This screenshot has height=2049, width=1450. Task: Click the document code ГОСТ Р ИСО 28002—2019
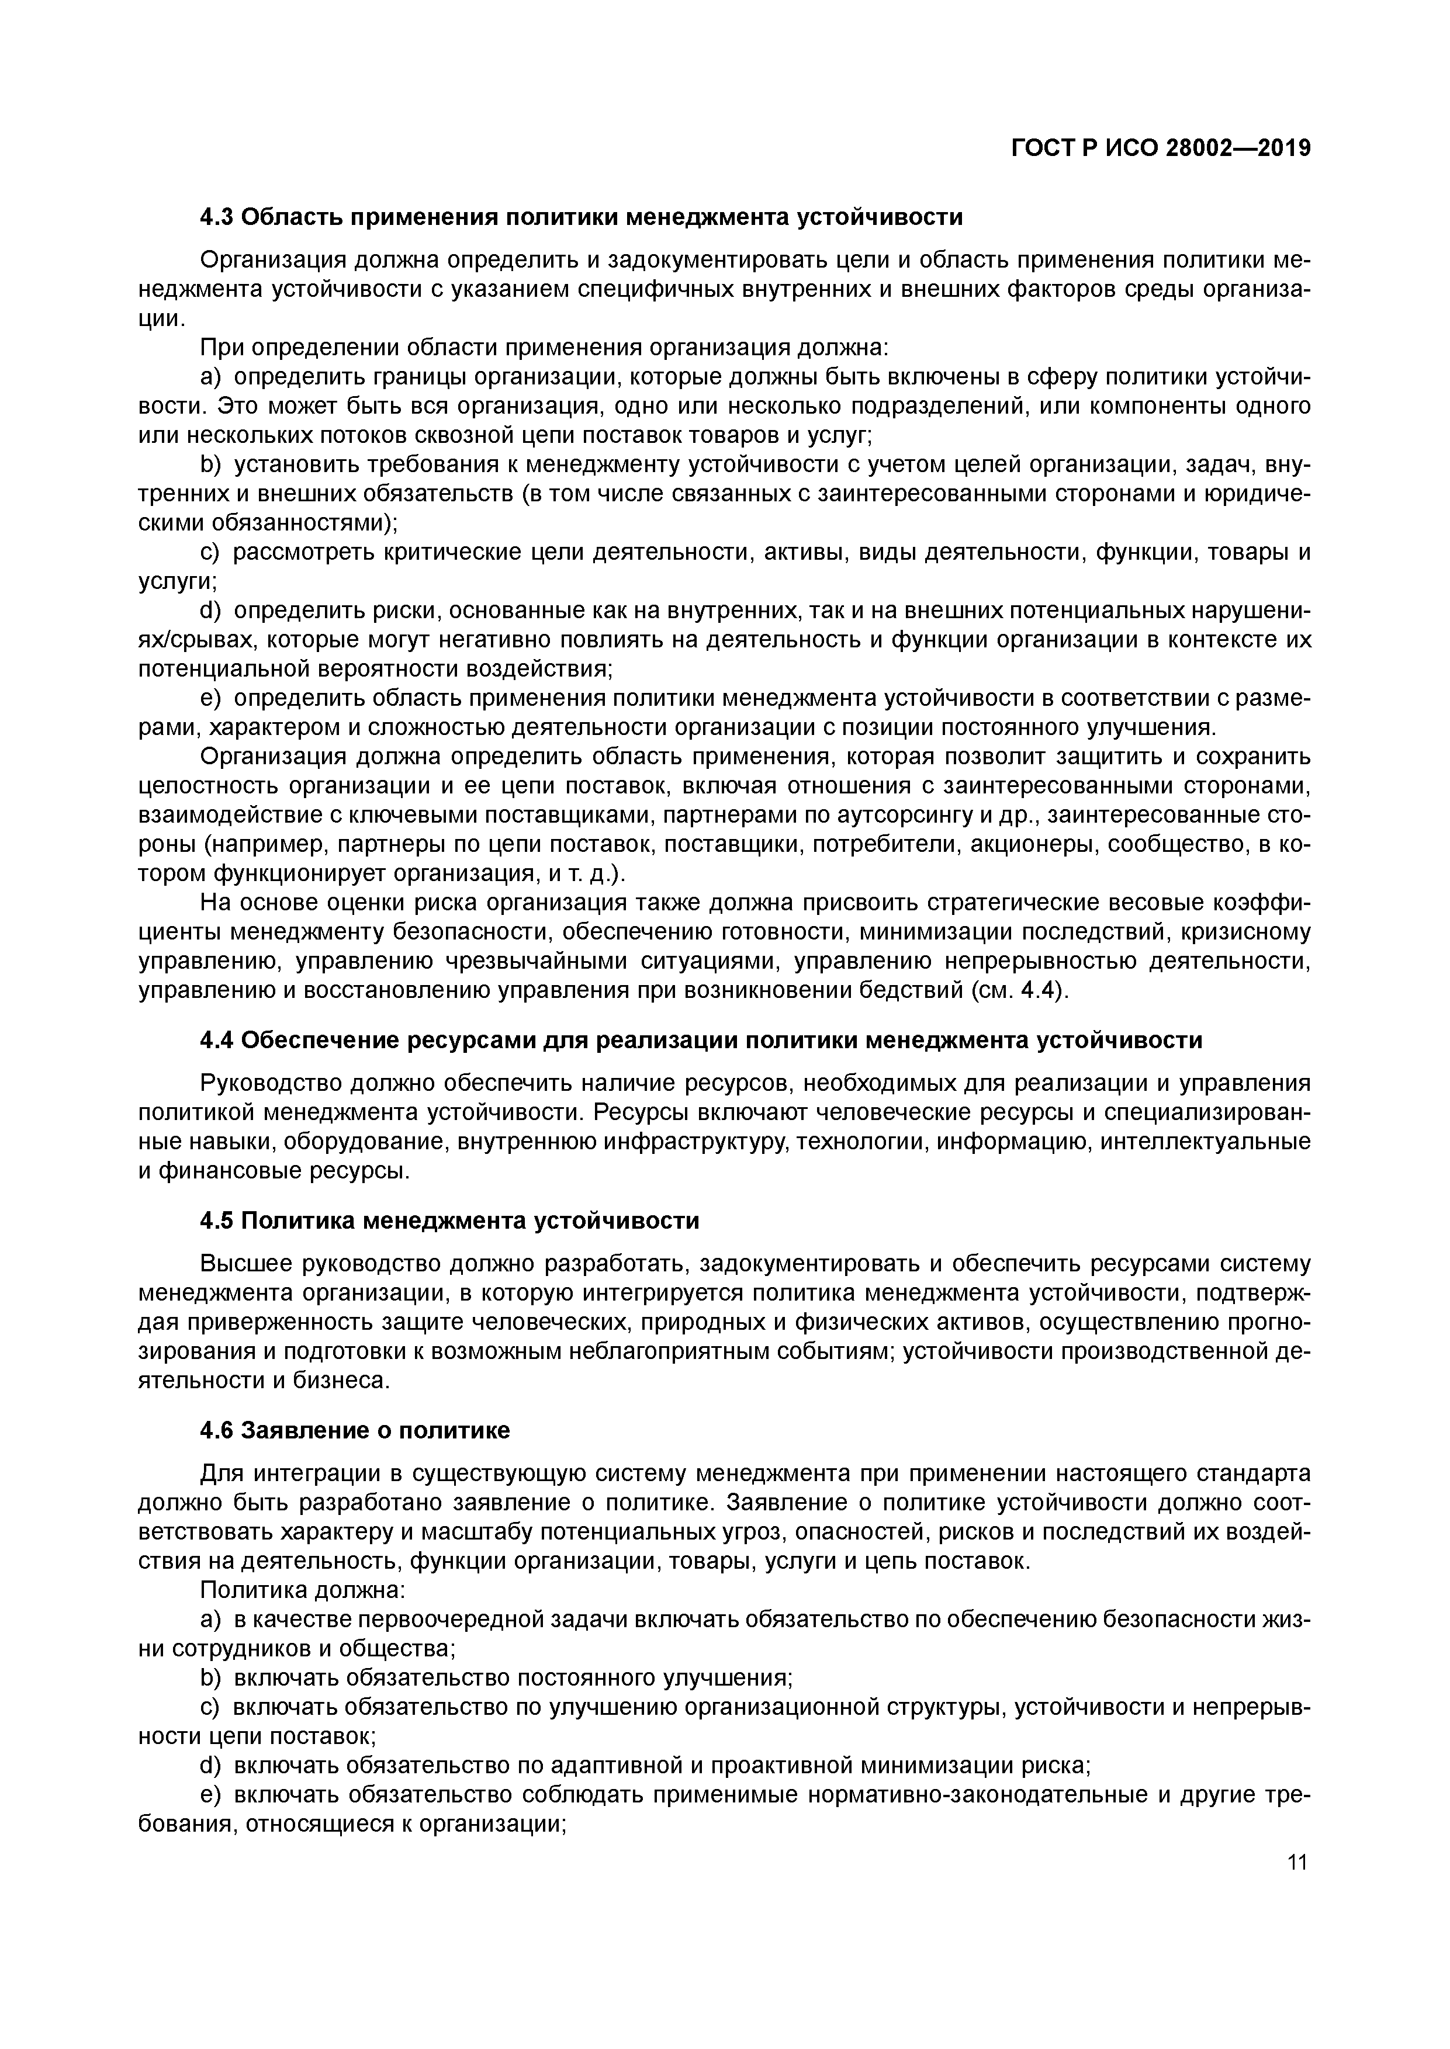1161,148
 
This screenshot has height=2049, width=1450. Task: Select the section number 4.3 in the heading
217,217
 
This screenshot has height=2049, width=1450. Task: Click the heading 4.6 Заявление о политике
355,1430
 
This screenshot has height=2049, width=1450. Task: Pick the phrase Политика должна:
303,1590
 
